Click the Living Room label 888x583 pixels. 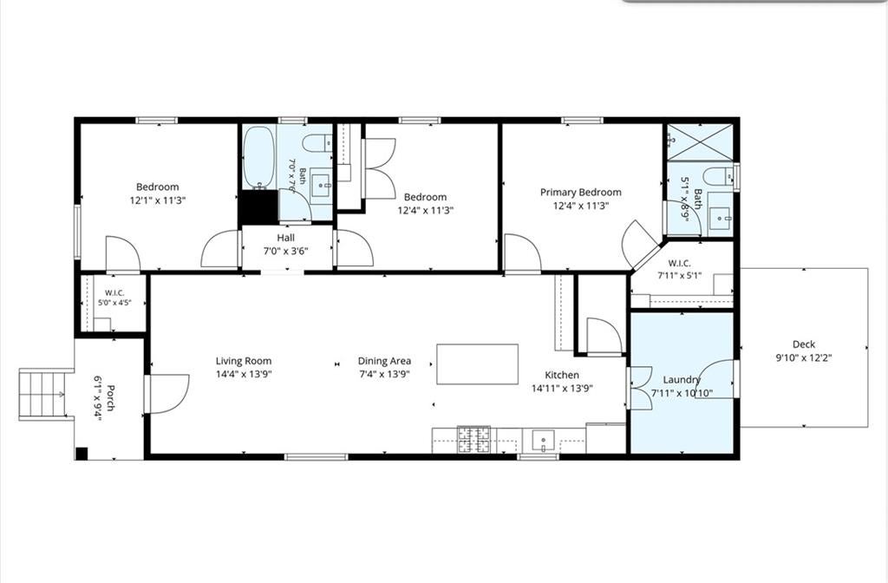244,361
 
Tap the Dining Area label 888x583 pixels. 384,361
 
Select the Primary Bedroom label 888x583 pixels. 580,192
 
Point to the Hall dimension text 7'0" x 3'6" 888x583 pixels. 286,251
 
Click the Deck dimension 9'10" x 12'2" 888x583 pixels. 804,357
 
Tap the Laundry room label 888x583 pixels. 682,380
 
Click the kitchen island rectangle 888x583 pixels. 478,364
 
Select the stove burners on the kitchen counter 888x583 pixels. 474,439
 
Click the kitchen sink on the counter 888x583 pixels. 543,440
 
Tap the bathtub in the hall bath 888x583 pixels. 258,157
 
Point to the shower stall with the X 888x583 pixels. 700,142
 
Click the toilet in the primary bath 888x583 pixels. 718,175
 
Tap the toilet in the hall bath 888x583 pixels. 317,143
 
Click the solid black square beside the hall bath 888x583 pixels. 258,206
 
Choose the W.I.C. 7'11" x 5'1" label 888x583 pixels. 680,270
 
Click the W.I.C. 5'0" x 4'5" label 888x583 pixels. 114,298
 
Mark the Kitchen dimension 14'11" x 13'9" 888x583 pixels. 562,388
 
